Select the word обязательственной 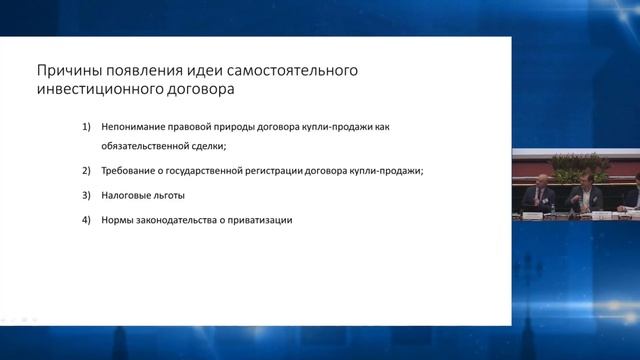pos(147,145)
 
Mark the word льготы pos(171,195)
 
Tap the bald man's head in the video pos(541,180)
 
